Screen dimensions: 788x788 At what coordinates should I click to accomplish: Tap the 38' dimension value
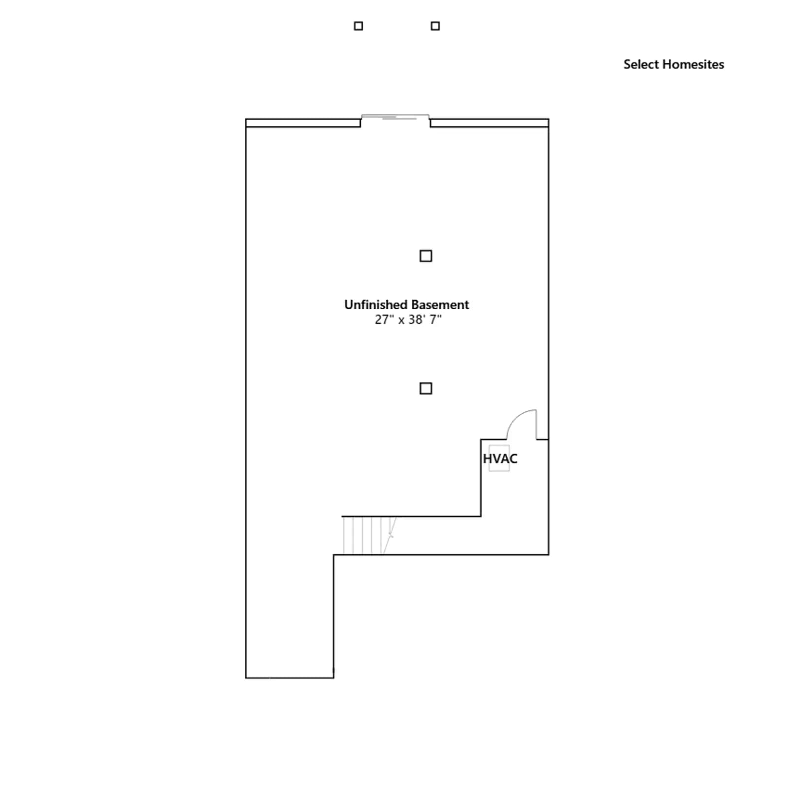(x=417, y=320)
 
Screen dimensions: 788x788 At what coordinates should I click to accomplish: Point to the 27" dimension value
(x=384, y=320)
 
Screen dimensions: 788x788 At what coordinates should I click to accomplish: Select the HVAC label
(x=500, y=459)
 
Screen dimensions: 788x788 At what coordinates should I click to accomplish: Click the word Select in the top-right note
(x=641, y=65)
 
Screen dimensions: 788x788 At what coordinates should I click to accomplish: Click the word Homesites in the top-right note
(x=693, y=65)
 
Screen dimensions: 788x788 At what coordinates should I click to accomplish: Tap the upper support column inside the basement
(x=426, y=256)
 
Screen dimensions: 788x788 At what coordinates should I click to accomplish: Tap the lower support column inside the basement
(x=426, y=389)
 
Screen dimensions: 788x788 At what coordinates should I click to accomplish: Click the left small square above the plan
(x=359, y=26)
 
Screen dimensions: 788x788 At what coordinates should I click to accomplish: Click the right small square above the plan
(x=435, y=26)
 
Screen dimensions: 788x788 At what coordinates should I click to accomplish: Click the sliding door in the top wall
(x=395, y=117)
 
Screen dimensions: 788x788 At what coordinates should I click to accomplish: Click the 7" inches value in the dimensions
(x=435, y=320)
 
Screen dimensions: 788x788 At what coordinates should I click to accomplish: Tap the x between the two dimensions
(x=401, y=321)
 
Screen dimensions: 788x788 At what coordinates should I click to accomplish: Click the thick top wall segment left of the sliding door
(x=303, y=123)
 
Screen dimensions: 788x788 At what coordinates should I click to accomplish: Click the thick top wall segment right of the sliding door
(x=489, y=123)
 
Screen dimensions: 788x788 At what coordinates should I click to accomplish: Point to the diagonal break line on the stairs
(x=390, y=535)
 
